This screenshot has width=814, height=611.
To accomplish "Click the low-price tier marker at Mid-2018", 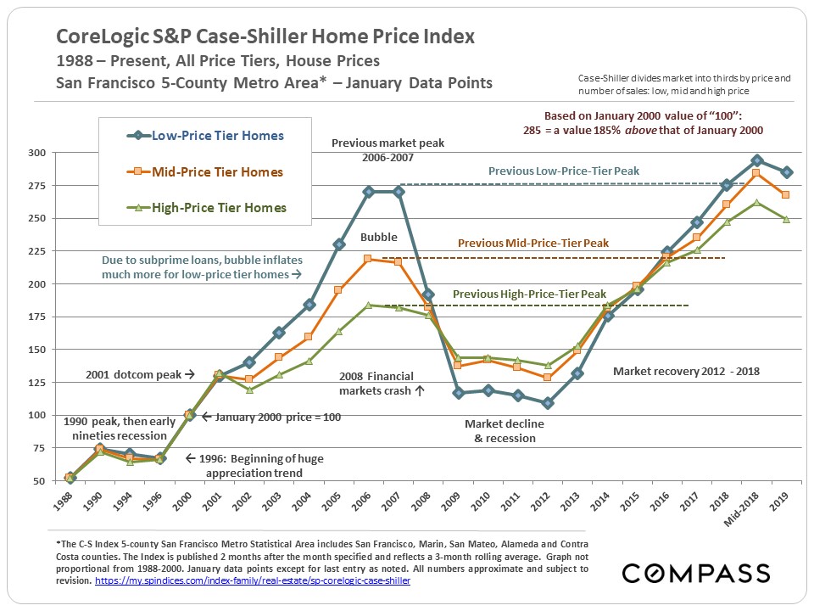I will (x=757, y=160).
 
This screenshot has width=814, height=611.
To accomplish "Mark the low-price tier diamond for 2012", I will (x=547, y=403).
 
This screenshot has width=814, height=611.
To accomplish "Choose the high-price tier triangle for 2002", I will (x=249, y=390).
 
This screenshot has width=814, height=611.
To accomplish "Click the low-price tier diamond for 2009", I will (x=458, y=393).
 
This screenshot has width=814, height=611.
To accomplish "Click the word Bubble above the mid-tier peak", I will (x=378, y=238).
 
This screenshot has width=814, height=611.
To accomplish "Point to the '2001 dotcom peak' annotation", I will (x=140, y=373).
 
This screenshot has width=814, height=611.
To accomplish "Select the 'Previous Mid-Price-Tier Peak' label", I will (x=533, y=244).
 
